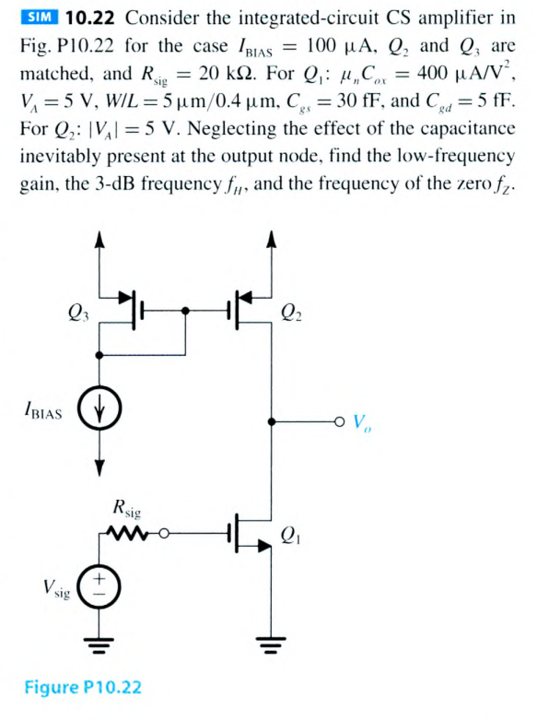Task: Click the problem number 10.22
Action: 91,18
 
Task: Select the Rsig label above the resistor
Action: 128,505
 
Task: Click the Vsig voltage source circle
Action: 98,586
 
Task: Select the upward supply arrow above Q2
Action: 270,241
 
